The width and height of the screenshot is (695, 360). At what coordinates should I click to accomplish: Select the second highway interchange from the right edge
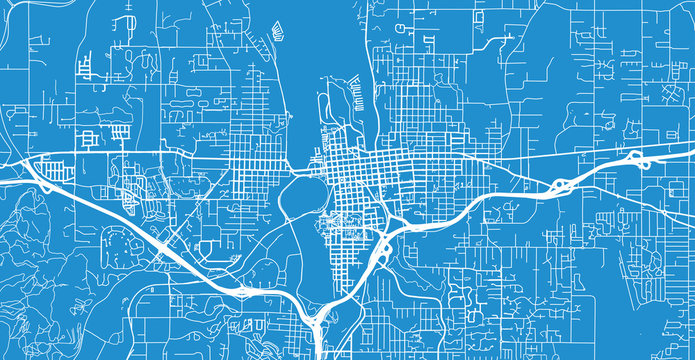[x=560, y=185]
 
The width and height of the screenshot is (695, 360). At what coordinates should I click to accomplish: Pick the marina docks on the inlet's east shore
[x=355, y=95]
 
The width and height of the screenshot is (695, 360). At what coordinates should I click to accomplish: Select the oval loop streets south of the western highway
[x=125, y=240]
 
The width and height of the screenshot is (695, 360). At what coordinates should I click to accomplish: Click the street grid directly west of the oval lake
[x=250, y=170]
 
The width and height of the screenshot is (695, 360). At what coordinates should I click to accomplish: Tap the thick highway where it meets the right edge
[x=690, y=152]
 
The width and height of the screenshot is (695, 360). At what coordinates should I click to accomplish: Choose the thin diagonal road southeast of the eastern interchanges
[x=640, y=200]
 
